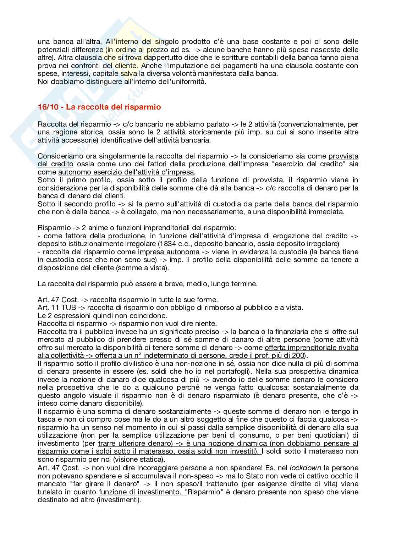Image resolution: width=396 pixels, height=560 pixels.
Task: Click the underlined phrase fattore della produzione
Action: (105, 236)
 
